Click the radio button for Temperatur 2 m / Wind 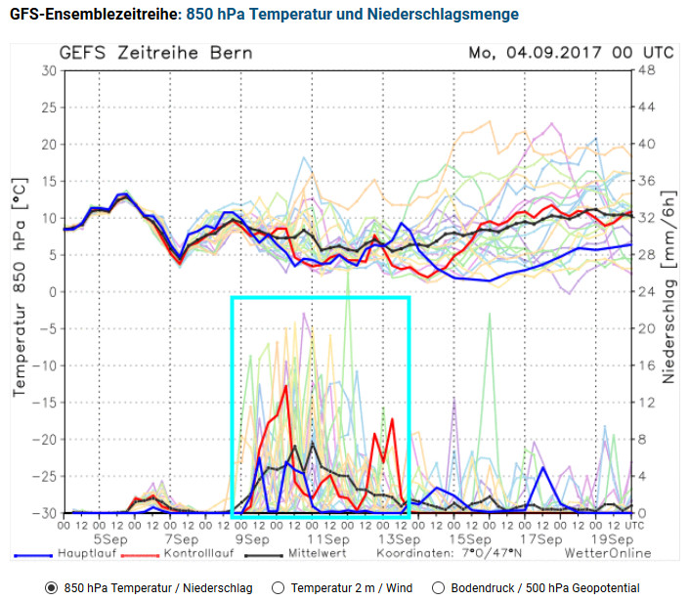tap(277, 588)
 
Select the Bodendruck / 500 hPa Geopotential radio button tap(437, 588)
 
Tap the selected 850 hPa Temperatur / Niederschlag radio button tap(51, 588)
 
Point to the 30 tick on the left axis tap(47, 71)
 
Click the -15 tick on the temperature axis tap(43, 403)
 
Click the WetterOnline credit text tap(607, 553)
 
